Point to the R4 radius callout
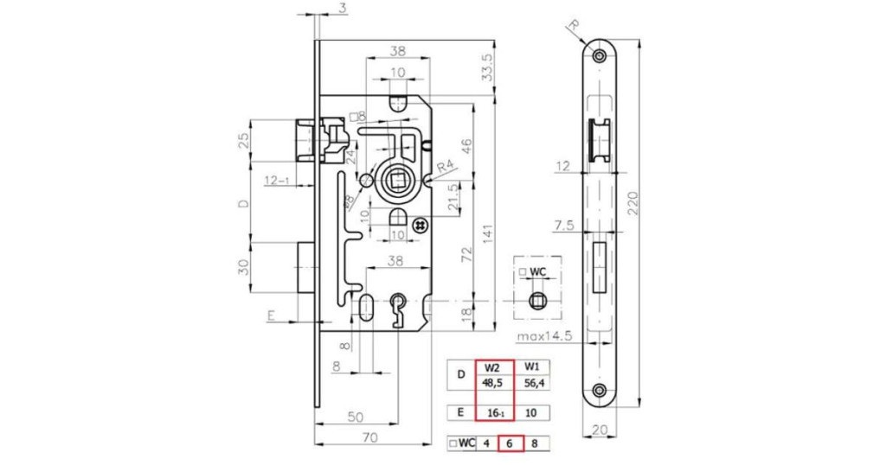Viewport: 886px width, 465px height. [446, 167]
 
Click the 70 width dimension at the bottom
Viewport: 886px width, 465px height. [370, 437]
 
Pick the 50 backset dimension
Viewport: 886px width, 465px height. [355, 417]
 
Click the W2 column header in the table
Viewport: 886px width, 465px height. [492, 366]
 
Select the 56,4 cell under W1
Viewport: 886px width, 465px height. [532, 383]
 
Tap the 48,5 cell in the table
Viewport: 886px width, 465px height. [493, 383]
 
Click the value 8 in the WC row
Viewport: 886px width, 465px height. [535, 443]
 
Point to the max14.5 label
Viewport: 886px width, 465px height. [545, 336]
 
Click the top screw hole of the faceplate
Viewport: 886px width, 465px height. [600, 54]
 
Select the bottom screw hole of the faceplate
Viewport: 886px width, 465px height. [600, 390]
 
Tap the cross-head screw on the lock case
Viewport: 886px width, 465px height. [420, 226]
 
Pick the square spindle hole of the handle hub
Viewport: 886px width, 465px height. [395, 182]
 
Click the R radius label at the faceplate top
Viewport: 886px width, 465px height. [575, 25]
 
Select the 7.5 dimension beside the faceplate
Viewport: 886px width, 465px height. [564, 226]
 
